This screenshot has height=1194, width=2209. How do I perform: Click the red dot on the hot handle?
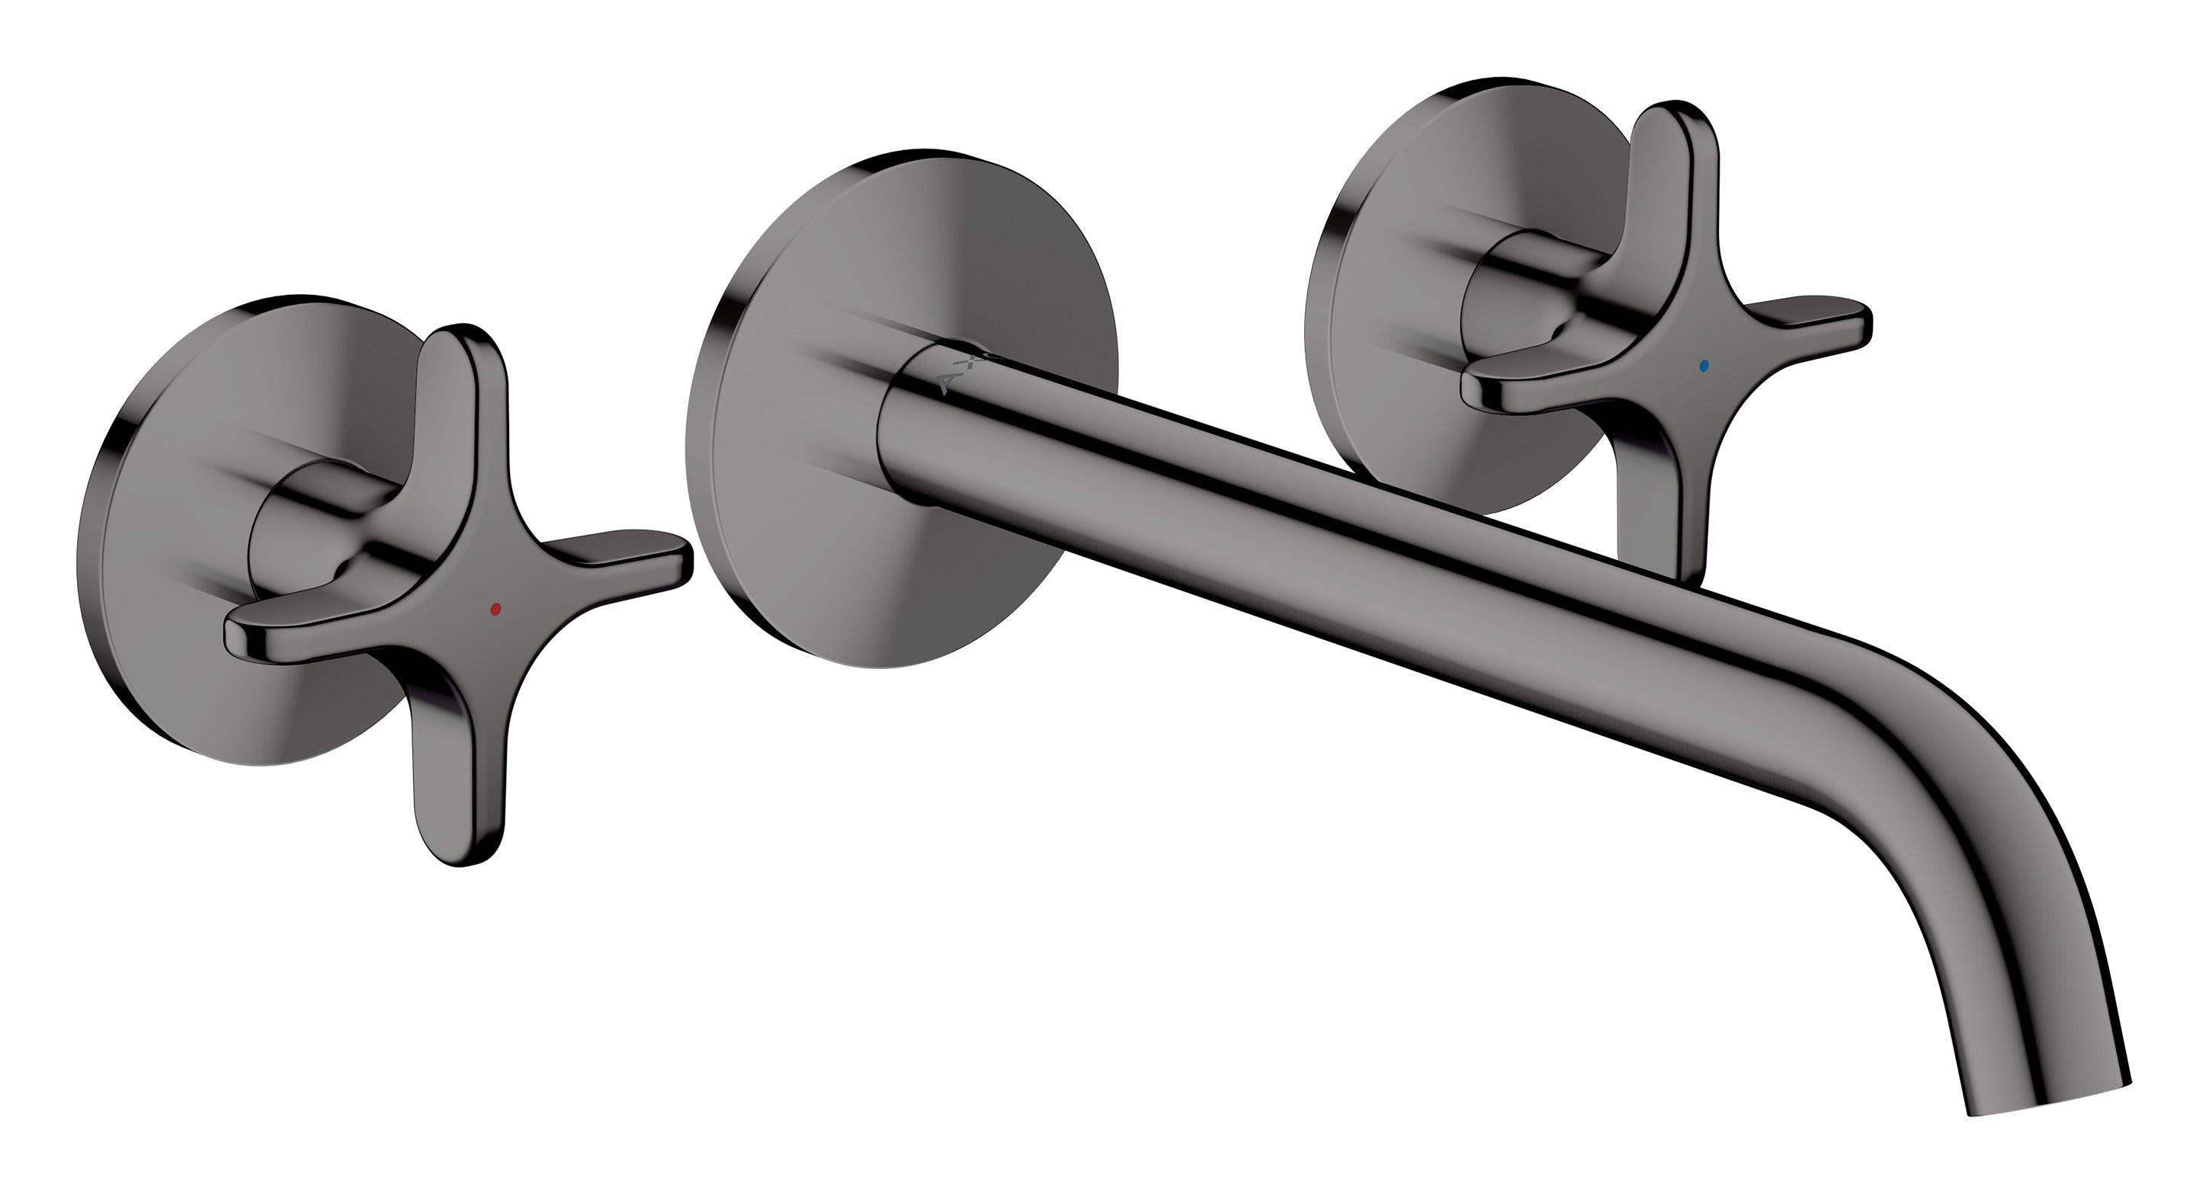click(x=495, y=609)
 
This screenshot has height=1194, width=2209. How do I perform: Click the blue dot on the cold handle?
click(x=1703, y=365)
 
